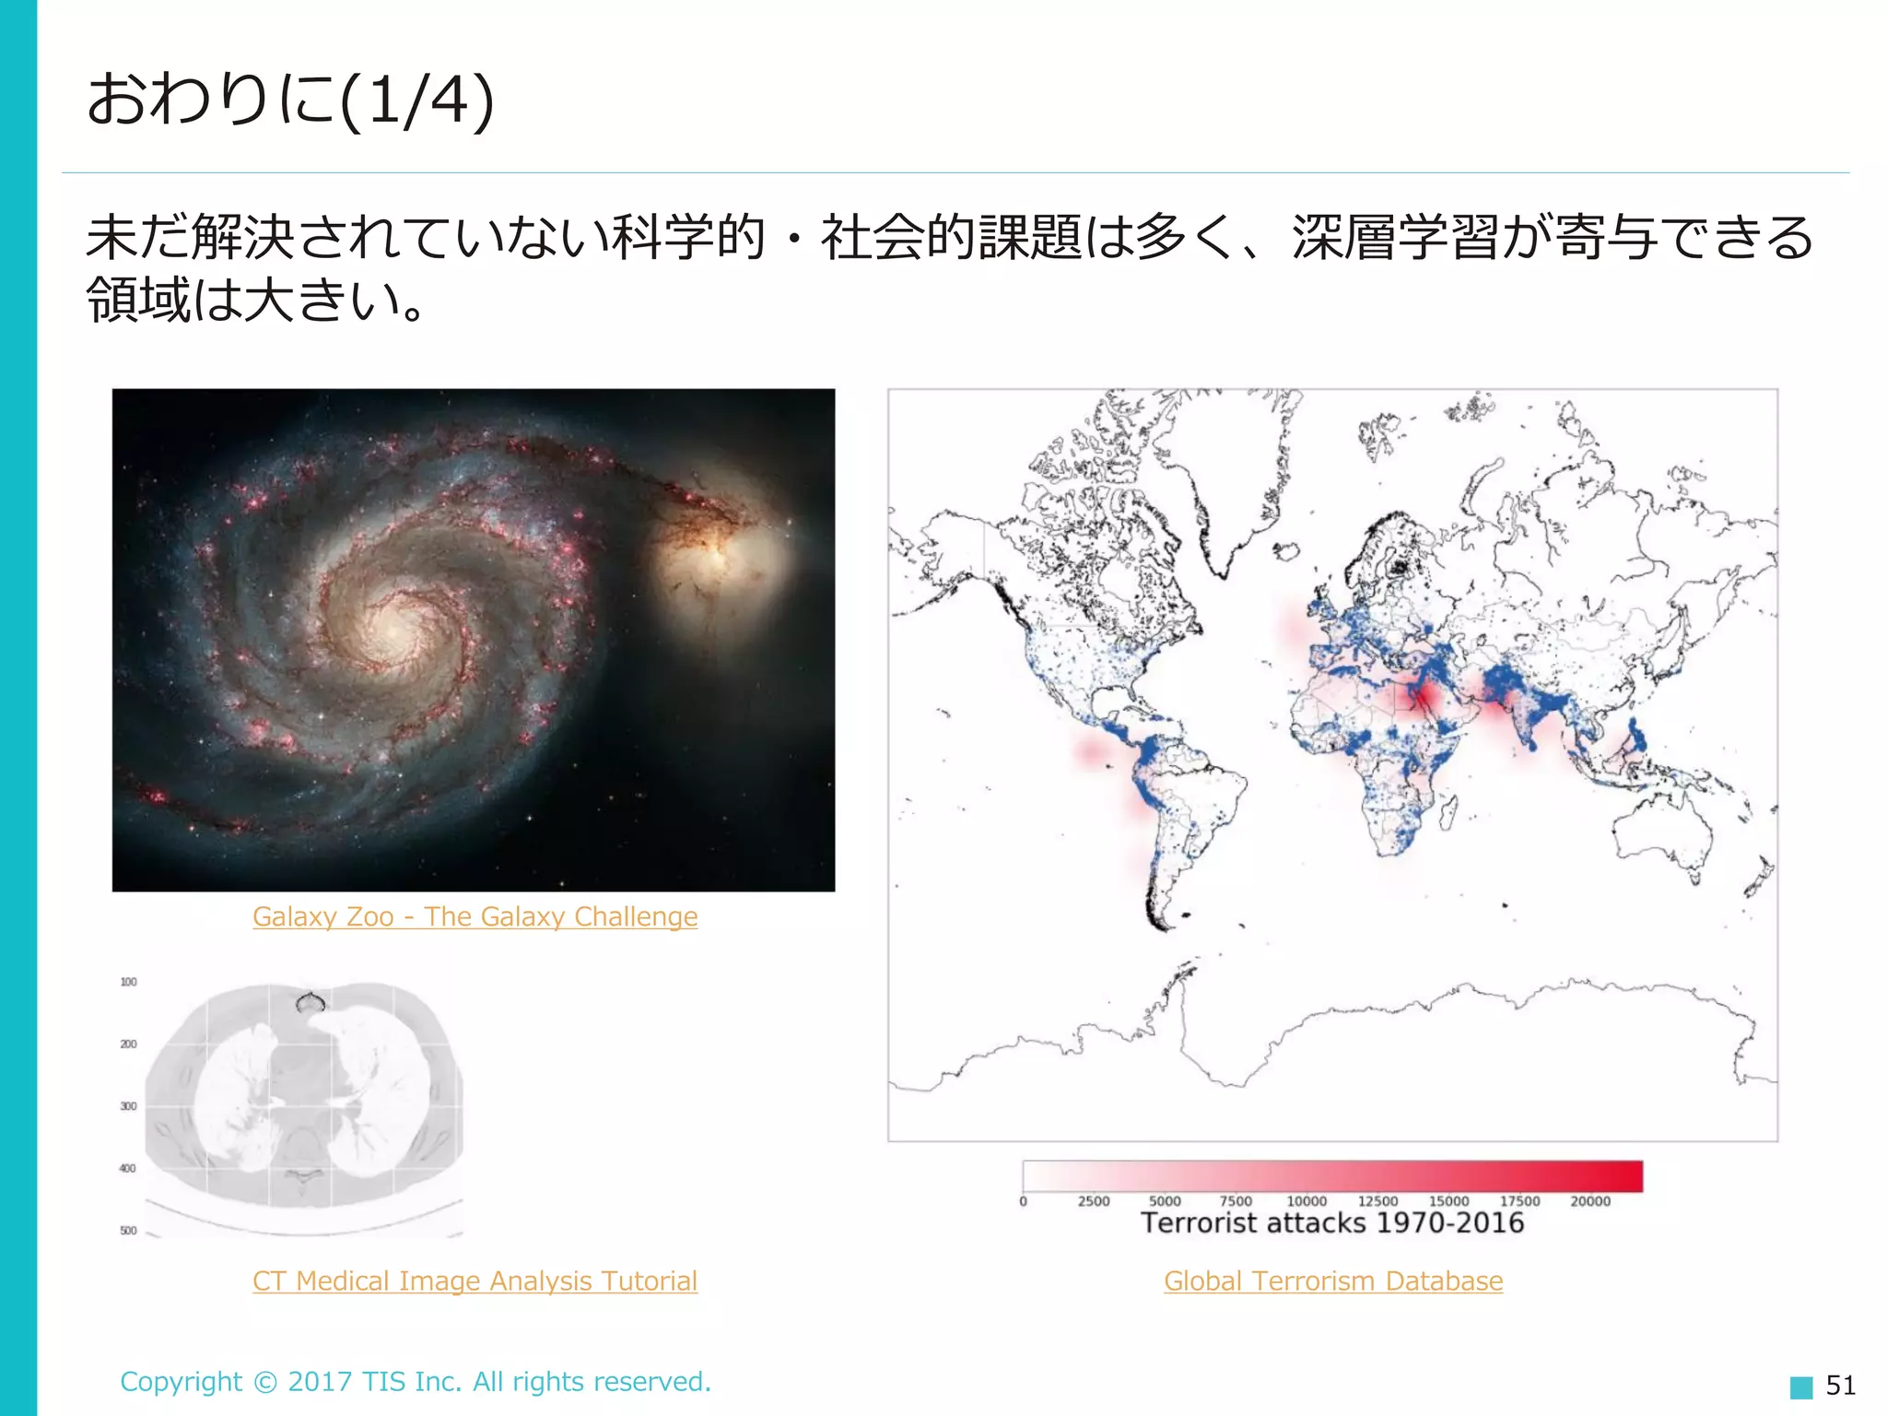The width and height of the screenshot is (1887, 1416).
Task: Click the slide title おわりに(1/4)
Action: (290, 100)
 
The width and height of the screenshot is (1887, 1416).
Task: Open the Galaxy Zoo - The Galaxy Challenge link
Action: (475, 916)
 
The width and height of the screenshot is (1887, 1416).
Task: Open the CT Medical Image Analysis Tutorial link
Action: (475, 1280)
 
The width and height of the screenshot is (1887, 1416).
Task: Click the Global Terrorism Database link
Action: (1333, 1280)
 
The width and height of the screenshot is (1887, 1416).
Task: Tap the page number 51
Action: (1840, 1385)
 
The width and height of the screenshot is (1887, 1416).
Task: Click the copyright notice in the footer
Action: (416, 1381)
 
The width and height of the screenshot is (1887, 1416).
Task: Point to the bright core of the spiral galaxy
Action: (396, 627)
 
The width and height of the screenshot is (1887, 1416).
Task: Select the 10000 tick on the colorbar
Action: (1307, 1200)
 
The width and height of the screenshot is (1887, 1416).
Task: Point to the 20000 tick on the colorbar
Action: (1590, 1200)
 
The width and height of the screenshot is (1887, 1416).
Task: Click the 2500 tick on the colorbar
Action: (1094, 1200)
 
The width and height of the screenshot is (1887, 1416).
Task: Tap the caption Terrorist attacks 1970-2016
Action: (1332, 1223)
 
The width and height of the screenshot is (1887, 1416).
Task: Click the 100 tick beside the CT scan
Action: (128, 982)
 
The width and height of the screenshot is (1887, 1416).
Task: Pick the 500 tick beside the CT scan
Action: (128, 1230)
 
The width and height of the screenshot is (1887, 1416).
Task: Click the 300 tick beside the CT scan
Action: (128, 1105)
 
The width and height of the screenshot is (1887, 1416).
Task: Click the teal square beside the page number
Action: (1800, 1386)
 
